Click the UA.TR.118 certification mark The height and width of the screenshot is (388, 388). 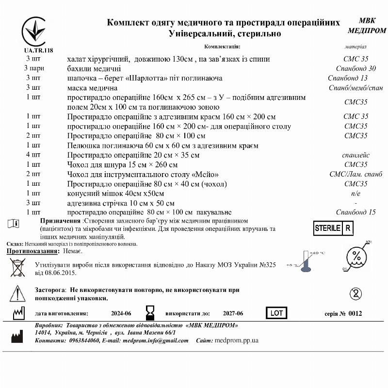[34, 35]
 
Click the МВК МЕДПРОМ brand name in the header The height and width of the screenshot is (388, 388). [367, 26]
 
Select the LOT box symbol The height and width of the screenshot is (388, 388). [276, 313]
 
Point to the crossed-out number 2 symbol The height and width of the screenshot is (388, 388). [356, 293]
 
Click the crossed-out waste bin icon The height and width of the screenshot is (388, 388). [18, 267]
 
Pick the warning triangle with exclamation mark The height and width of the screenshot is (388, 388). [17, 293]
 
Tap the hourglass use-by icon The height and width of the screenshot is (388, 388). [149, 312]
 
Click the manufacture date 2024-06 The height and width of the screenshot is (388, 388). [121, 314]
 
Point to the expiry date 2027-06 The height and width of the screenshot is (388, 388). [233, 314]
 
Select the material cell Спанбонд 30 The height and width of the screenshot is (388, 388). [356, 68]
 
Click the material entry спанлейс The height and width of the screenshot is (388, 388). [356, 155]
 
